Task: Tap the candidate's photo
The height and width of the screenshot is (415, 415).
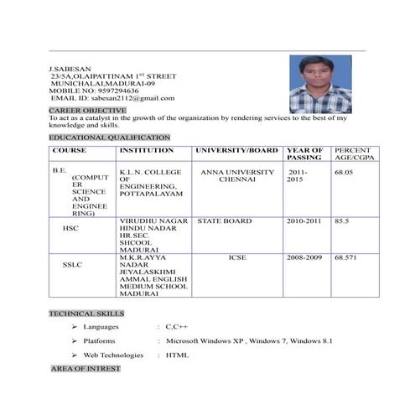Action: click(320, 85)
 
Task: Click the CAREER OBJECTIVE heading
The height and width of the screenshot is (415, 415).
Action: click(87, 110)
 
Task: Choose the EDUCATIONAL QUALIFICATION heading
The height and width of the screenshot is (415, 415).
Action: click(109, 137)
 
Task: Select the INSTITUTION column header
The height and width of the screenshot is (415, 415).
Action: click(147, 150)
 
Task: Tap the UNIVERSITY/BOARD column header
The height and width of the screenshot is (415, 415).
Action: click(236, 150)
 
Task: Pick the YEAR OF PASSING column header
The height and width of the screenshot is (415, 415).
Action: click(303, 153)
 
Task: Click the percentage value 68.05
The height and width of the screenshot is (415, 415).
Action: click(344, 172)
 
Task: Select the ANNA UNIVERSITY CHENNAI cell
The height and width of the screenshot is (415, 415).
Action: click(236, 175)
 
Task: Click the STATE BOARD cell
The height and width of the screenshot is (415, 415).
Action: click(224, 221)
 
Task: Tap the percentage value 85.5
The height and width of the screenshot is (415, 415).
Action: click(342, 221)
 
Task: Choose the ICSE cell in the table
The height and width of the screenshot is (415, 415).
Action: click(236, 257)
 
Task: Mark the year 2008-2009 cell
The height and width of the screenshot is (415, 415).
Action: click(304, 257)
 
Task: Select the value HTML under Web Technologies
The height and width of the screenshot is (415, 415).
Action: click(177, 355)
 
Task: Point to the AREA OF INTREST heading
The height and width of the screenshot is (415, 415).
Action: click(86, 368)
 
